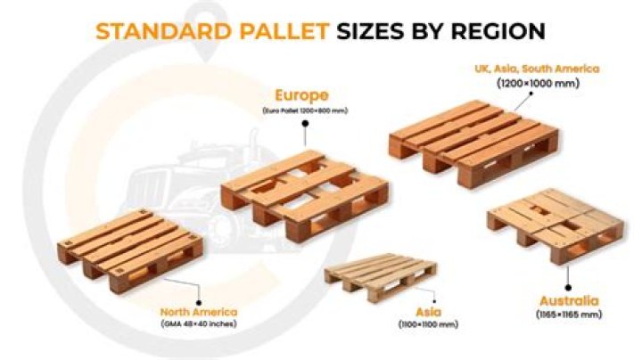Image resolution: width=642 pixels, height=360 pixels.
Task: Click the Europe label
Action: click(303, 94)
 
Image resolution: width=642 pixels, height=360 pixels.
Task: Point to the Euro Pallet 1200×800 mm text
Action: click(303, 110)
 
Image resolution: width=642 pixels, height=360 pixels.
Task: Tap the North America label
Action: click(199, 312)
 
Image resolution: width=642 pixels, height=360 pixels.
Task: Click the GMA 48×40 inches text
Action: click(198, 325)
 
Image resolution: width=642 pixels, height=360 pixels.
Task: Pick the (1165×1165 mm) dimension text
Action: click(569, 315)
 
